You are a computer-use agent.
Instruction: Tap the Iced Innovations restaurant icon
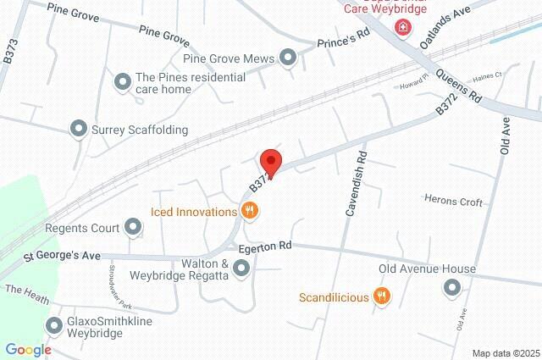pyautogui.click(x=249, y=212)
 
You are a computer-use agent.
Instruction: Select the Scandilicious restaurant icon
pyautogui.click(x=382, y=296)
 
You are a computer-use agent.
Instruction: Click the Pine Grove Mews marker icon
pyautogui.click(x=288, y=58)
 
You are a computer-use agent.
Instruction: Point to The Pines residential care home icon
pyautogui.click(x=122, y=81)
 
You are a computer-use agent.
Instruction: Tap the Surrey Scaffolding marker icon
pyautogui.click(x=79, y=130)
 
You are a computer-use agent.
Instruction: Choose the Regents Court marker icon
pyautogui.click(x=133, y=226)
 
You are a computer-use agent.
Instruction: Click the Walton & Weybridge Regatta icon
pyautogui.click(x=241, y=269)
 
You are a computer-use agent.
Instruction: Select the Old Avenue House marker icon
pyautogui.click(x=451, y=288)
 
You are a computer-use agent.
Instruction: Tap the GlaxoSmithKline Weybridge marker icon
pyautogui.click(x=56, y=325)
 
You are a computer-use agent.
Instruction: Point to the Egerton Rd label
pyautogui.click(x=264, y=246)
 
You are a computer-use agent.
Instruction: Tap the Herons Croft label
pyautogui.click(x=453, y=202)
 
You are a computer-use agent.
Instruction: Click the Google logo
pyautogui.click(x=28, y=350)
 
